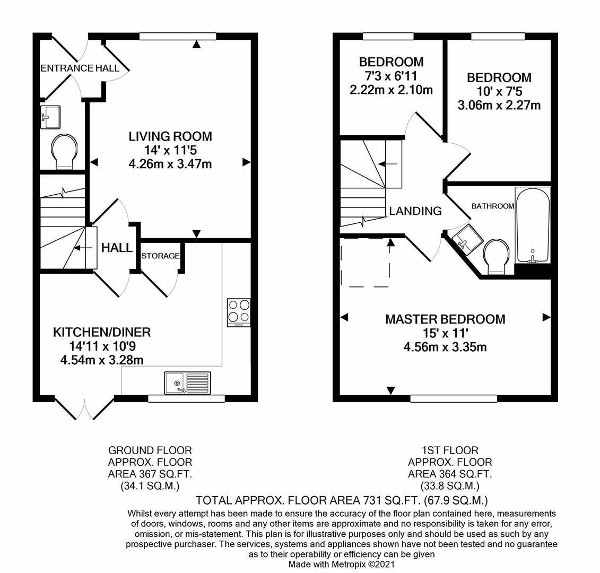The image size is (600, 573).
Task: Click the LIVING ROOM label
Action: (x=170, y=136)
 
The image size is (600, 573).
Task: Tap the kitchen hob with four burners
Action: (x=238, y=312)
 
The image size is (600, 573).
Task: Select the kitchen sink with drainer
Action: (x=187, y=383)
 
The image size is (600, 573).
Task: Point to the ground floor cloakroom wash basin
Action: (x=51, y=117)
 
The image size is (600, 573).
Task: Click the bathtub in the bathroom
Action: (x=533, y=225)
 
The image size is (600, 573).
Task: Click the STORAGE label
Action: (x=160, y=256)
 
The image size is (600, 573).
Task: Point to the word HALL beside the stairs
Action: (x=117, y=248)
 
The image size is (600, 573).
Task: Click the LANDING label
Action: (x=415, y=211)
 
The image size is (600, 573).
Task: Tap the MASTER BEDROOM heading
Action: (x=445, y=319)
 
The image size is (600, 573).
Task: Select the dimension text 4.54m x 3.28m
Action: (x=102, y=360)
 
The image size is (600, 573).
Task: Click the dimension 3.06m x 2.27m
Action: (x=499, y=106)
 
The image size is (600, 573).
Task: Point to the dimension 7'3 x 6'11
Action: (x=391, y=76)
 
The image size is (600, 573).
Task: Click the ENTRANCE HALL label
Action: (x=80, y=68)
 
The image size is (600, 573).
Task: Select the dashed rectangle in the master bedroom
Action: (x=366, y=262)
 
